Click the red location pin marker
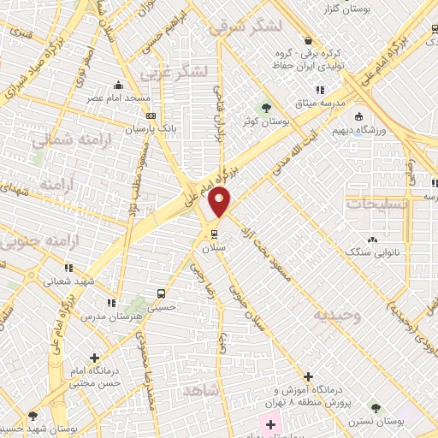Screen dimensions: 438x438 click(x=220, y=204)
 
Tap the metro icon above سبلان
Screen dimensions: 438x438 click(x=214, y=233)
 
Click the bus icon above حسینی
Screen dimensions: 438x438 click(x=163, y=292)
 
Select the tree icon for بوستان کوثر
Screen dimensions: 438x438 click(x=266, y=109)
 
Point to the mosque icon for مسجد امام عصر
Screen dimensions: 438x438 click(x=119, y=85)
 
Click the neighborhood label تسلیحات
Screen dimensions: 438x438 click(x=377, y=204)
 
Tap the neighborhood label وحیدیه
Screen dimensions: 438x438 click(x=337, y=316)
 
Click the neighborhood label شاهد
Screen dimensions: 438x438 click(x=200, y=390)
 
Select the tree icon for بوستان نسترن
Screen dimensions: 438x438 click(x=375, y=407)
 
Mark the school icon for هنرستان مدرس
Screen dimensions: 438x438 click(x=111, y=303)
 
